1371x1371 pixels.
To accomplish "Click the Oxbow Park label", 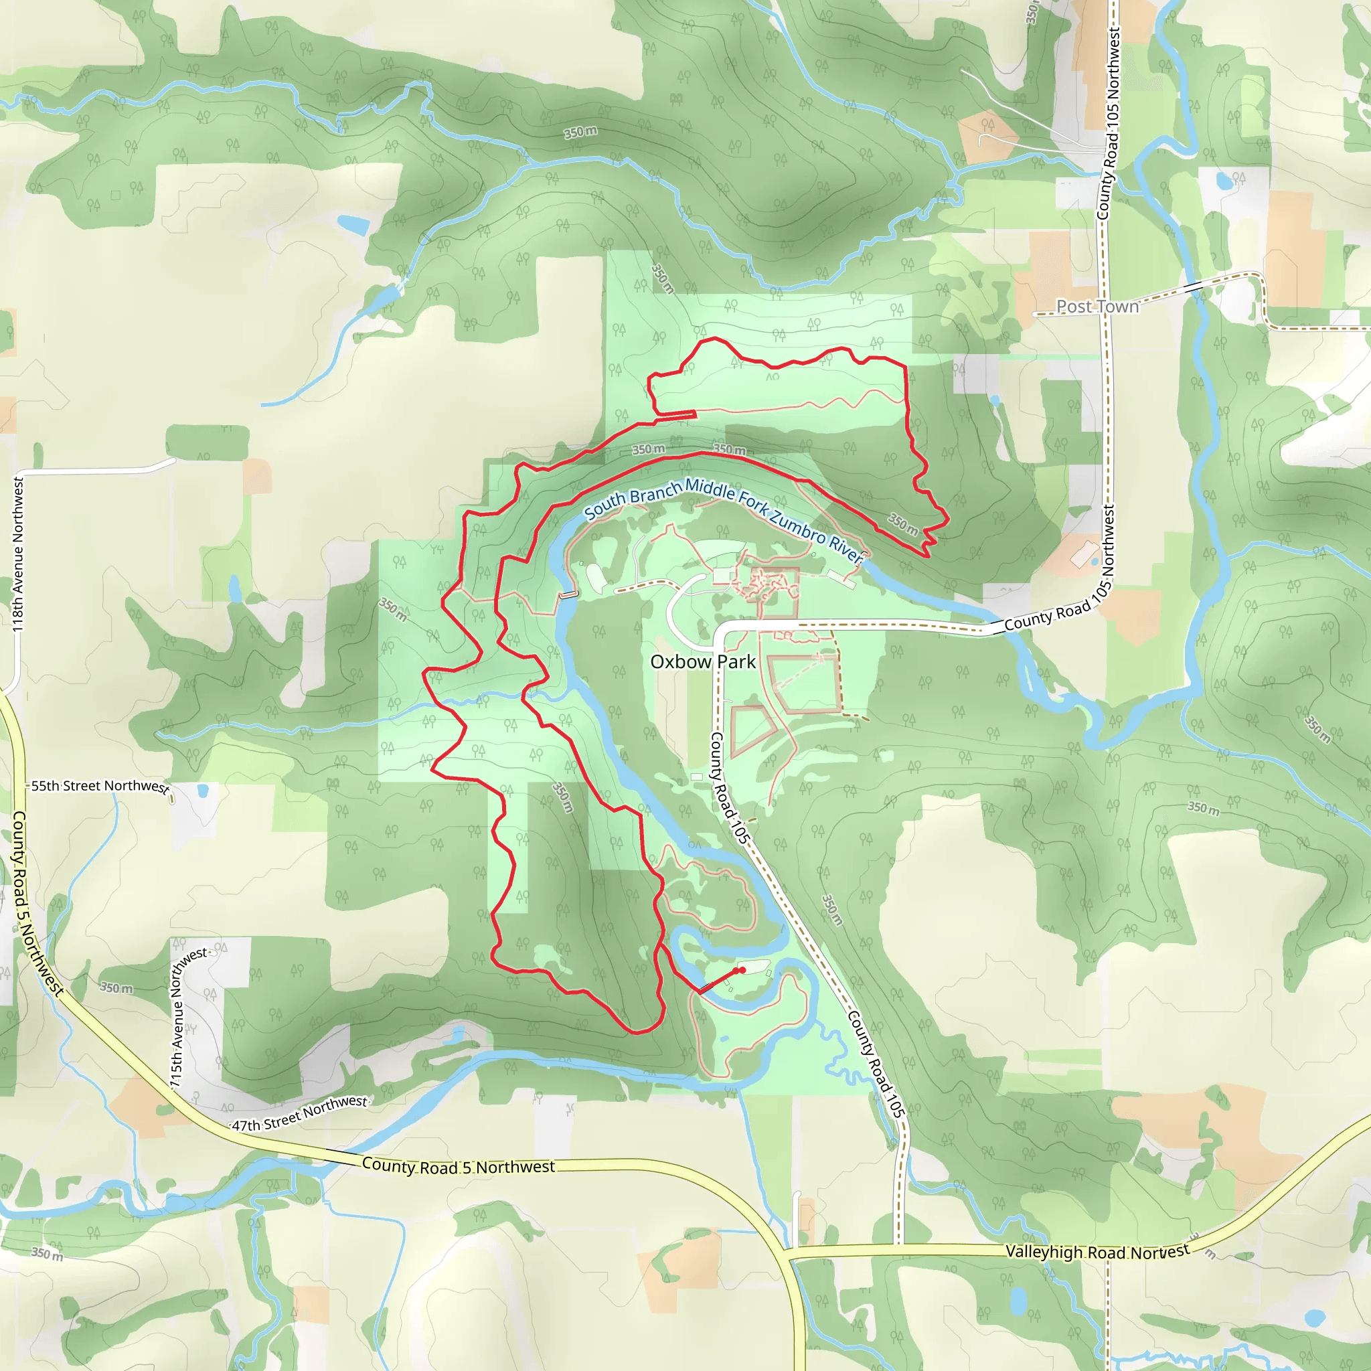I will (x=702, y=661).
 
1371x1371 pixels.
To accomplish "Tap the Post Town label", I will (x=1097, y=307).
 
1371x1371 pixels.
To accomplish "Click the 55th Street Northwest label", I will (x=99, y=787).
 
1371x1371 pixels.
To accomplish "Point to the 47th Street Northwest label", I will (x=300, y=1113).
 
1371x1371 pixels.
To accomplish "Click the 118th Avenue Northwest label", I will (x=19, y=554).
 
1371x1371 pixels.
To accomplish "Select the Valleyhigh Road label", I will (x=1097, y=1252).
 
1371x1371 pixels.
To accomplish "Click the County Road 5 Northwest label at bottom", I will (x=459, y=1166).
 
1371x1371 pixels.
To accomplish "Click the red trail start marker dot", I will (x=742, y=970).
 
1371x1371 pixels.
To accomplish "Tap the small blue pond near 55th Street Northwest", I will (x=204, y=791).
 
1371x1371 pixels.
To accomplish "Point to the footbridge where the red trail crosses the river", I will (x=707, y=987).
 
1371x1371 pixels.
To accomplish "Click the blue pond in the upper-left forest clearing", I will (x=353, y=224).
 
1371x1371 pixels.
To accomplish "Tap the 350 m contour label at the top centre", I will (x=580, y=133).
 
